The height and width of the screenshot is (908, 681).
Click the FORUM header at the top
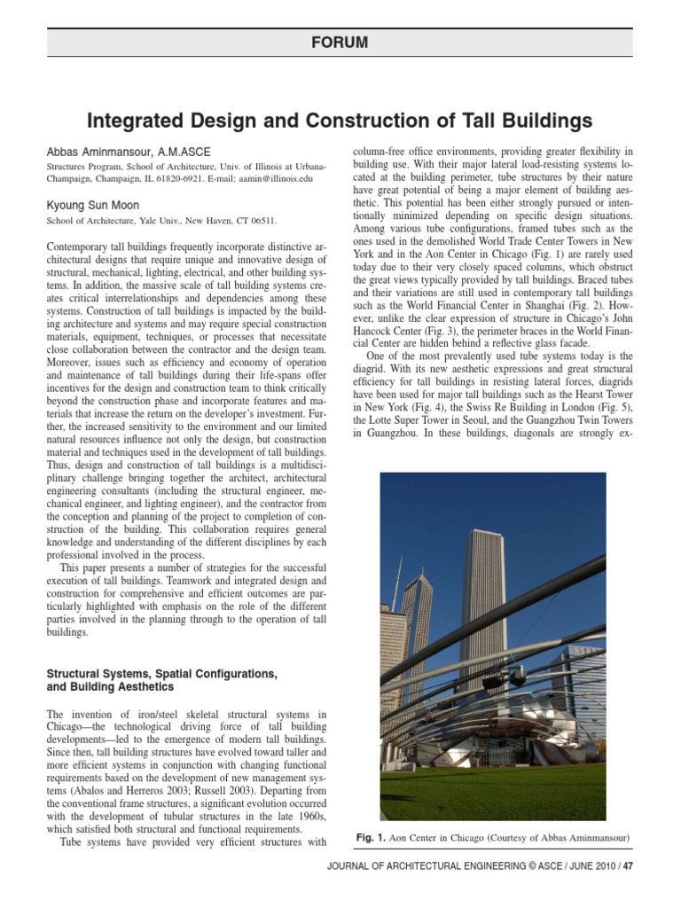coord(340,43)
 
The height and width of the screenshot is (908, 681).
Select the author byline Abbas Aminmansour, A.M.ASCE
coord(128,152)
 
